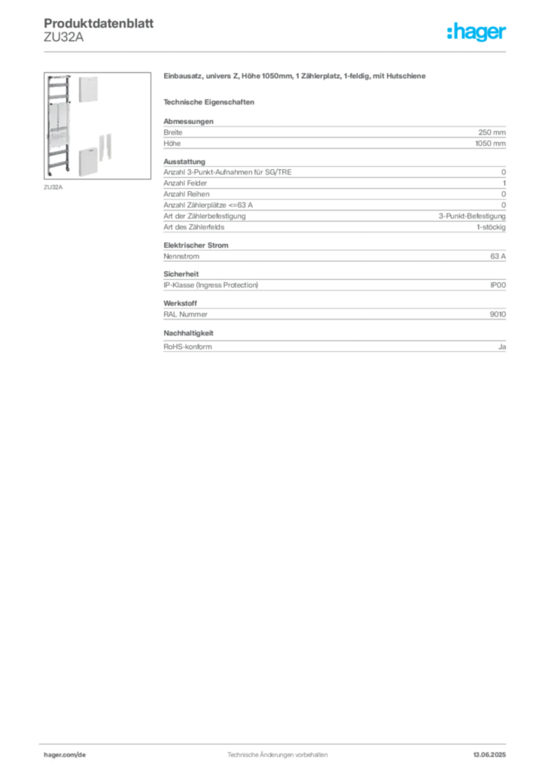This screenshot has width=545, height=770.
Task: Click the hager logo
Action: coord(476,32)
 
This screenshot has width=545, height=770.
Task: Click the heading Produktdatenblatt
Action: coord(99,23)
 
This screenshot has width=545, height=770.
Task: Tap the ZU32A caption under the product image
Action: coord(53,187)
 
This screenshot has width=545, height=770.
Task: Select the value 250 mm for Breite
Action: coord(492,132)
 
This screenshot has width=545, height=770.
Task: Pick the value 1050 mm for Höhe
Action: coord(491,144)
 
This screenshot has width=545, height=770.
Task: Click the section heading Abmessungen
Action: coord(188,121)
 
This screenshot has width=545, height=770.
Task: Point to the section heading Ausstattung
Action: coord(184,162)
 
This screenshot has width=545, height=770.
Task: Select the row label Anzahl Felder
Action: coord(185,183)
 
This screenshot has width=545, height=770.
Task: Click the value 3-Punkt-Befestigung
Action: coord(472,216)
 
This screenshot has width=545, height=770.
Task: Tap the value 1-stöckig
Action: coord(491,227)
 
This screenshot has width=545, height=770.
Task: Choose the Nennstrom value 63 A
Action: coord(498,256)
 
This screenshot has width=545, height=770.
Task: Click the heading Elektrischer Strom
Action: coord(196,245)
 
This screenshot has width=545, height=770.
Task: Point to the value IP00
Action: coord(498,285)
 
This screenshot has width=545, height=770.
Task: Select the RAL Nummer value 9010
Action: coord(498,314)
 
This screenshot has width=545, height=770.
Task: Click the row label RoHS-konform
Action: coord(187,347)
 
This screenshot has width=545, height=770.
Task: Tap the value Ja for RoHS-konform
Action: coord(502,347)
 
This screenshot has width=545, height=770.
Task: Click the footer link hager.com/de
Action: coord(65,755)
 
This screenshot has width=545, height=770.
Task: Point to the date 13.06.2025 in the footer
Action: coord(489,755)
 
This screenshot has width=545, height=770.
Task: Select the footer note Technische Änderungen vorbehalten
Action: coord(277,755)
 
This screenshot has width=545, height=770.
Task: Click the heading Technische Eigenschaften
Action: coord(209,102)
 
